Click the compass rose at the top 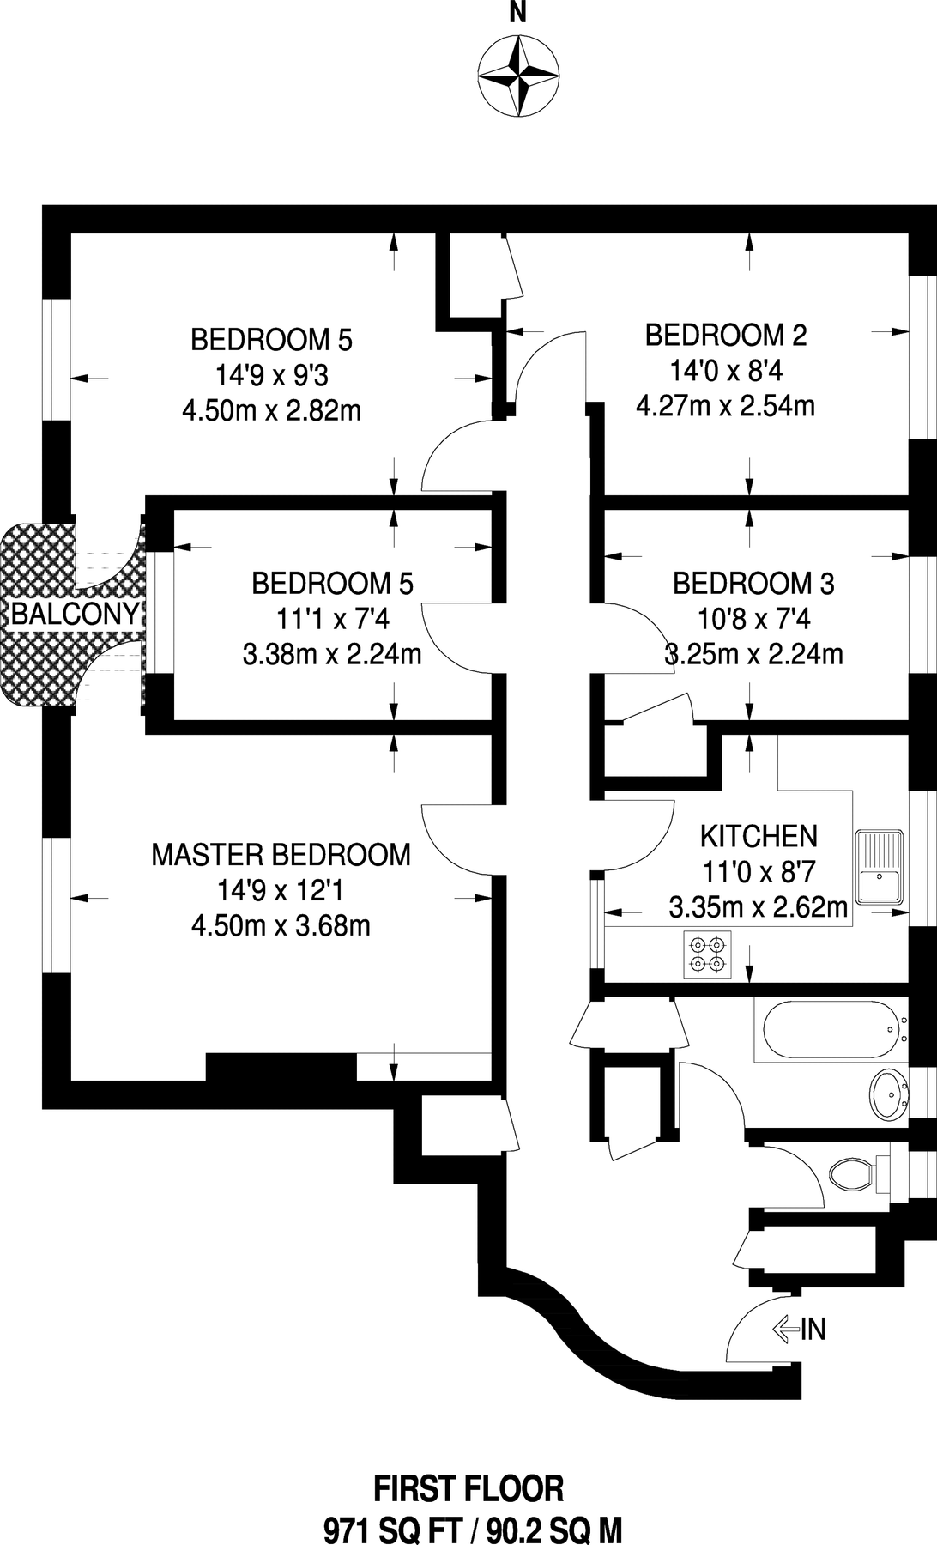pyautogui.click(x=517, y=76)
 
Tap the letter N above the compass pyautogui.click(x=517, y=14)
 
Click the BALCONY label pyautogui.click(x=75, y=614)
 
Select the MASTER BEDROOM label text pyautogui.click(x=281, y=855)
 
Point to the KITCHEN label pyautogui.click(x=759, y=836)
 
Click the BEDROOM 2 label pyautogui.click(x=725, y=335)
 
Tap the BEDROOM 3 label pyautogui.click(x=753, y=584)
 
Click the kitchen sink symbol pyautogui.click(x=880, y=866)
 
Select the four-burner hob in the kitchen pyautogui.click(x=708, y=954)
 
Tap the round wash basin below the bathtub pyautogui.click(x=889, y=1094)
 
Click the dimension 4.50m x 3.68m pyautogui.click(x=281, y=926)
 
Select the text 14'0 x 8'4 pyautogui.click(x=725, y=371)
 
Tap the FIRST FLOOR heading pyautogui.click(x=468, y=1488)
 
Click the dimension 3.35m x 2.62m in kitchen pyautogui.click(x=759, y=907)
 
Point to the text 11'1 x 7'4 pyautogui.click(x=332, y=619)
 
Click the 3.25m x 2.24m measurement pyautogui.click(x=754, y=655)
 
